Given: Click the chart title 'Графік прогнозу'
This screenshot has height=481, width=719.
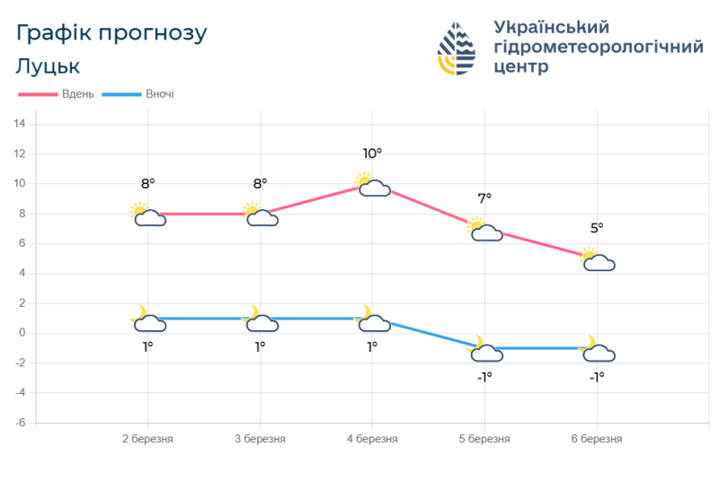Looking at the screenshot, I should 111,33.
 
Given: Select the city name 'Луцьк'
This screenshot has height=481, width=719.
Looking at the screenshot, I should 48,66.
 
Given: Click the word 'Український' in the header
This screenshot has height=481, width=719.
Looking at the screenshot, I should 552,26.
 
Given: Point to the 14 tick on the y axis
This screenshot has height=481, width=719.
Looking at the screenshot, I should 19,124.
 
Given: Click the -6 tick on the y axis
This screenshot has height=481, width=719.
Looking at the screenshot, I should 20,423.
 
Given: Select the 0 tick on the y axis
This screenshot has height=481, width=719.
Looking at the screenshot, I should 22,333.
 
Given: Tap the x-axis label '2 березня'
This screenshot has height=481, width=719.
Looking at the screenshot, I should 147,439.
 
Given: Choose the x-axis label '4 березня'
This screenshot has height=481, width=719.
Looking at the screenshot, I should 372,439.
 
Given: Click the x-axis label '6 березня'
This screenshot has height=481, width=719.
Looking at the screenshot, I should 597,439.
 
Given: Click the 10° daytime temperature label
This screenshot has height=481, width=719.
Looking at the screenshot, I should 372,153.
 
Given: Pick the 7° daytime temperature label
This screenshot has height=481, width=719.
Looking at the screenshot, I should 484,198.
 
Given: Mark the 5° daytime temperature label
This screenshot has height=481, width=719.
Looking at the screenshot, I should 597,228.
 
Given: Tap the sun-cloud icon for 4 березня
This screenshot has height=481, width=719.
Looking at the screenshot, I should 372,186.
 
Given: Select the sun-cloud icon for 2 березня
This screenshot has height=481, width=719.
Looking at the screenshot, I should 148,215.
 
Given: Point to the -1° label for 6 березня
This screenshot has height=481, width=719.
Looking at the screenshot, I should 597,377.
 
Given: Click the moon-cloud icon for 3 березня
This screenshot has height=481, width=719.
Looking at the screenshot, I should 260,319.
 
